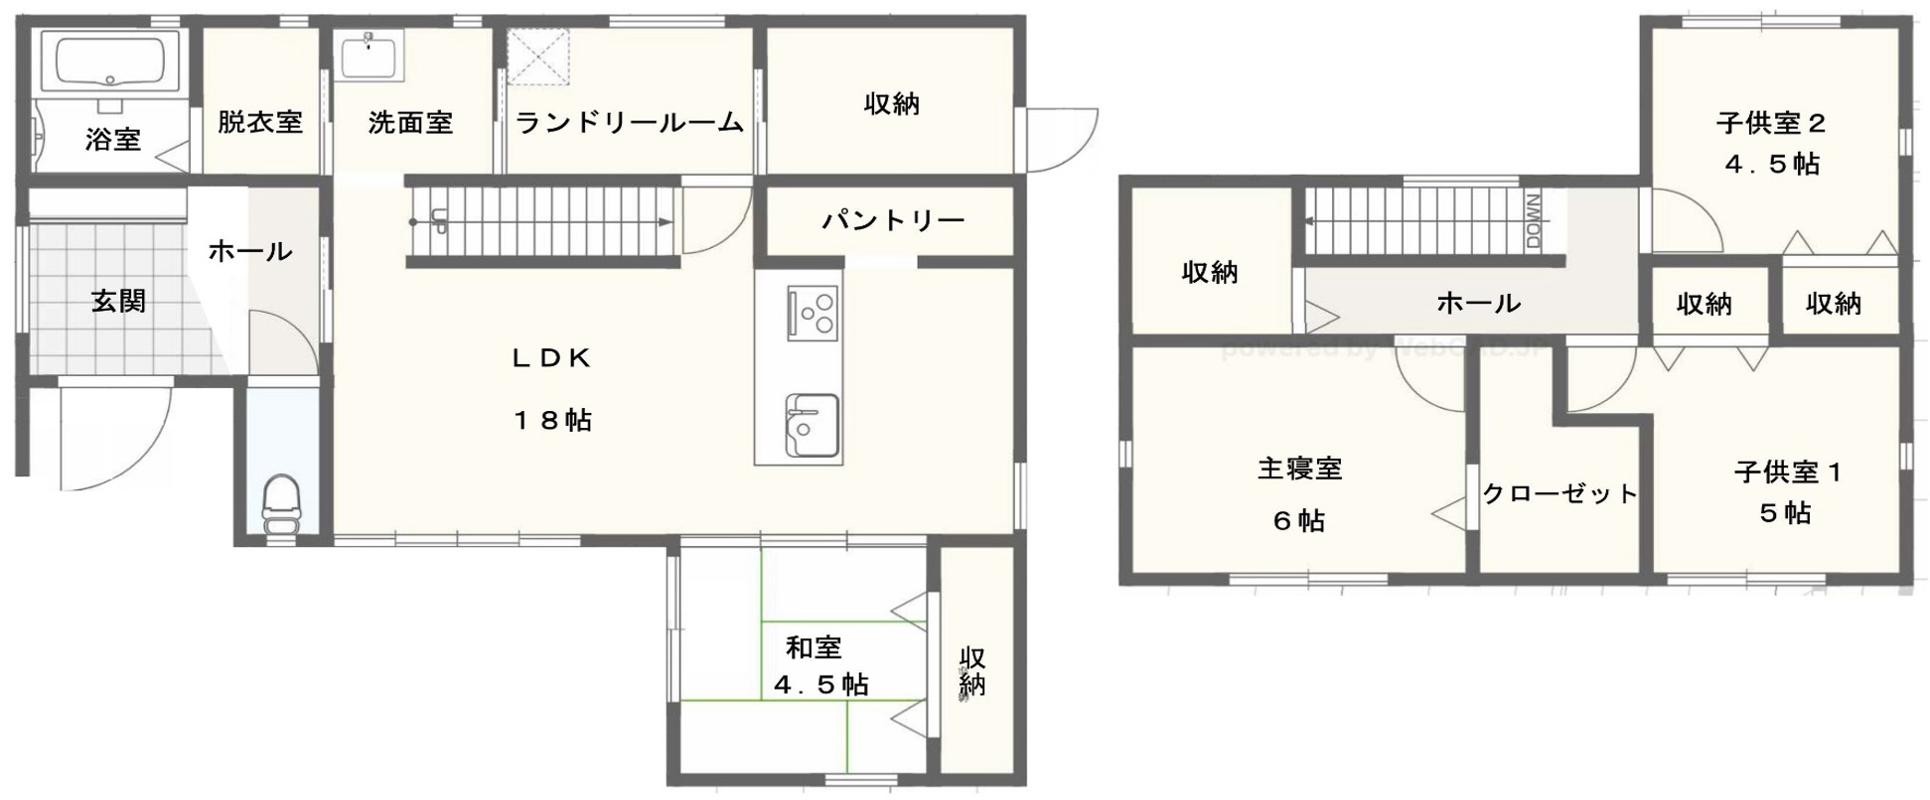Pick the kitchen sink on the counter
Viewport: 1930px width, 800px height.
coord(812,424)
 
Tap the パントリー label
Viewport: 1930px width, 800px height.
coord(893,220)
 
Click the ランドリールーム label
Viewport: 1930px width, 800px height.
coord(630,123)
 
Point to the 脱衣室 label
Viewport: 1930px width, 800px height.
coord(260,122)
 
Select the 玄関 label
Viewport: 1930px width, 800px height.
coord(119,301)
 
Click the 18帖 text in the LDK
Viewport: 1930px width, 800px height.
coord(552,421)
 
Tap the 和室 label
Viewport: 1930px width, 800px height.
coord(814,648)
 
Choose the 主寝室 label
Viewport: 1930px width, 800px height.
coord(1300,468)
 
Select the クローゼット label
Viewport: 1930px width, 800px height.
coord(1559,493)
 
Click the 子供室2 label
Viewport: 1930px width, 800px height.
coord(1772,123)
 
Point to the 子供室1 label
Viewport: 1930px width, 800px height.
coord(1788,472)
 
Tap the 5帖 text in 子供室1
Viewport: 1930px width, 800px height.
coord(1785,513)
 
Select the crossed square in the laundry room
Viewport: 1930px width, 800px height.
coord(538,61)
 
